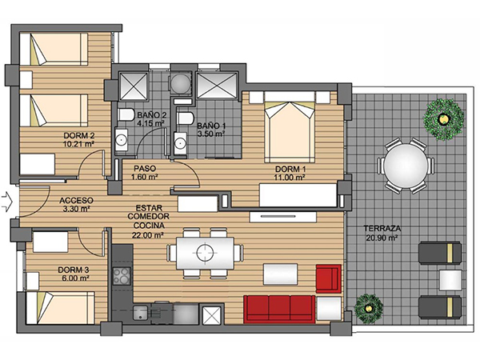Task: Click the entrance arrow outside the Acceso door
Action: tap(6, 202)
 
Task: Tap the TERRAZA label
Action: tap(382, 228)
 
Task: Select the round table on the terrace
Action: tap(406, 166)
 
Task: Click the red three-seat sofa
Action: tap(279, 309)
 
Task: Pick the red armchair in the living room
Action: tap(329, 278)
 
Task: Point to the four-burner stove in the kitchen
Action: tap(122, 276)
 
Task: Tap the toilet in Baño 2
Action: tap(126, 115)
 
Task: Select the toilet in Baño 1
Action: tap(186, 118)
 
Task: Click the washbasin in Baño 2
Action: tap(122, 140)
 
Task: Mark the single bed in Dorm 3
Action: tap(60, 308)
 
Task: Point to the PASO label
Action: tap(145, 168)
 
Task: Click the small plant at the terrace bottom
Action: tap(369, 309)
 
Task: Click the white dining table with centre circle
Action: tap(205, 253)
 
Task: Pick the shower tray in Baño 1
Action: tap(217, 86)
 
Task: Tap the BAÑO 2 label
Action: tap(151, 115)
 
